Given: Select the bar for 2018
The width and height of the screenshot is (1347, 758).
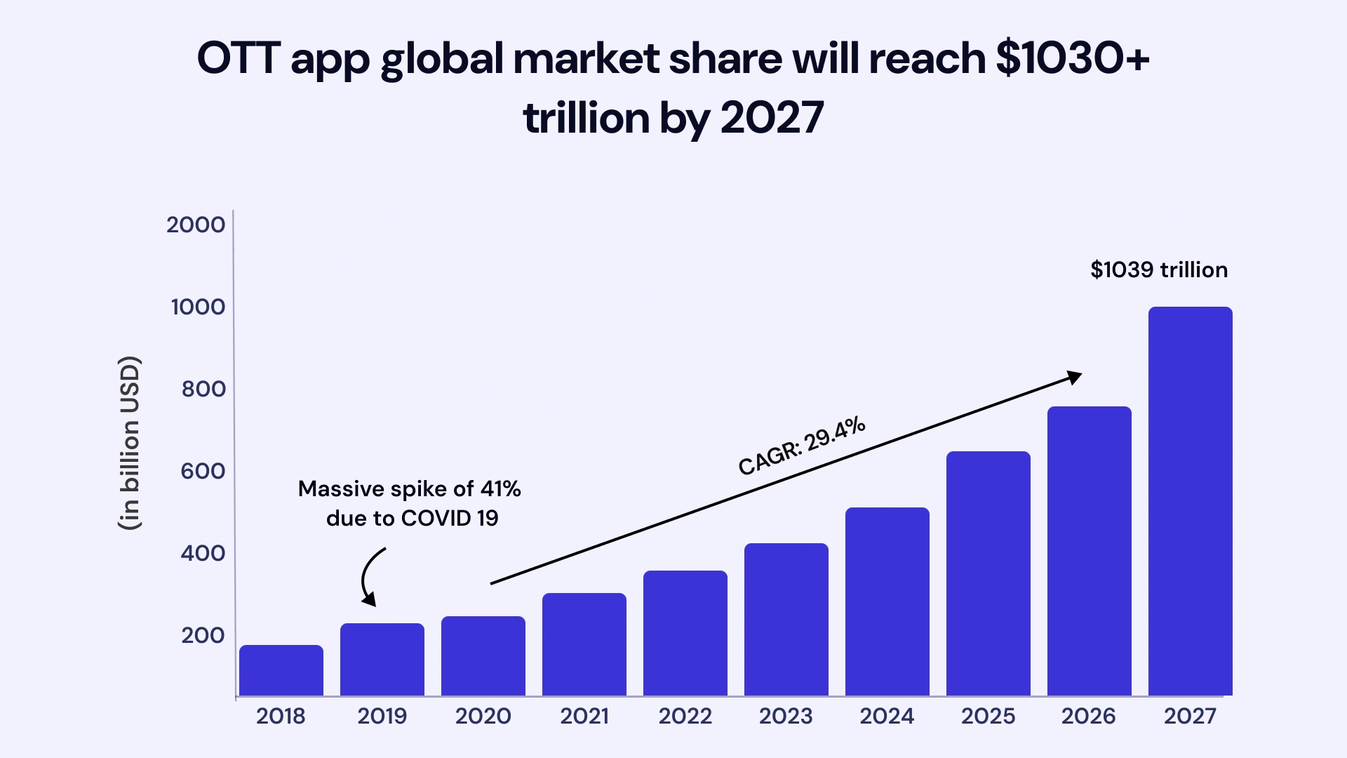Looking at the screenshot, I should [281, 670].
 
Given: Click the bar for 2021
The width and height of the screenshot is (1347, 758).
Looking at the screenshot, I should [584, 644].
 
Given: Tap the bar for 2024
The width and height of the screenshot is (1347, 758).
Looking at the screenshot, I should [887, 601].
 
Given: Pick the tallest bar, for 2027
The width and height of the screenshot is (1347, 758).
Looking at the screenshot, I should [1190, 501].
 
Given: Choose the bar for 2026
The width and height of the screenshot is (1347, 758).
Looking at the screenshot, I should [1089, 551].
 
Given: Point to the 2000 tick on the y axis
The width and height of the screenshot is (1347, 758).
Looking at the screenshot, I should [196, 225].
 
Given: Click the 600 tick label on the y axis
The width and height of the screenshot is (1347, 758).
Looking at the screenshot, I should [203, 471].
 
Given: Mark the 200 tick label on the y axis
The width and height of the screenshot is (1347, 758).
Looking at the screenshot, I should [203, 635].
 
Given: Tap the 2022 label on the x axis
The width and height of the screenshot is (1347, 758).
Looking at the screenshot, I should [685, 716].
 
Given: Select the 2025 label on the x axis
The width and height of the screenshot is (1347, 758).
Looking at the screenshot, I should [988, 716].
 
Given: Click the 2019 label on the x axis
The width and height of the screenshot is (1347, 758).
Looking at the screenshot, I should [382, 716].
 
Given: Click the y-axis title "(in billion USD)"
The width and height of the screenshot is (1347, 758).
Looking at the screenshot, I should [130, 443].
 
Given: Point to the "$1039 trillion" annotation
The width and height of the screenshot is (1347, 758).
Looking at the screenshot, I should [1158, 270].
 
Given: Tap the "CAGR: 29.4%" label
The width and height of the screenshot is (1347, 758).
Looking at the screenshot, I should [801, 446].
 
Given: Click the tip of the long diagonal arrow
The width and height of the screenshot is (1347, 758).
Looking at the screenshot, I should [1079, 375].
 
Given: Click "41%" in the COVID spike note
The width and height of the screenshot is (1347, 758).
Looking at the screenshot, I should [500, 488].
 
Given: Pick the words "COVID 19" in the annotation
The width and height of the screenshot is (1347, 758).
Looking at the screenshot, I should [449, 518].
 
